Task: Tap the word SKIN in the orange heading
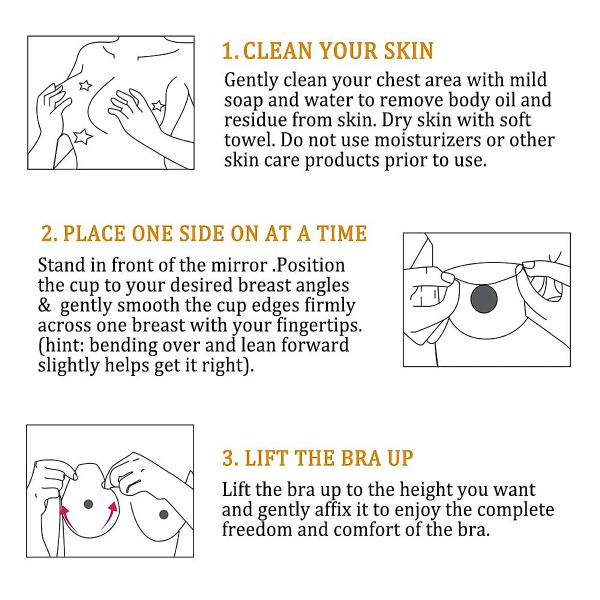pyautogui.click(x=408, y=51)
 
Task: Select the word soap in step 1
pyautogui.click(x=243, y=100)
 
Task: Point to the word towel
pyautogui.click(x=249, y=140)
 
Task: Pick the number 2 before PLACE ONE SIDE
pyautogui.click(x=47, y=234)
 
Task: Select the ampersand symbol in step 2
pyautogui.click(x=44, y=305)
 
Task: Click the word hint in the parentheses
pyautogui.click(x=64, y=345)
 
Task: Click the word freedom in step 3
pyautogui.click(x=256, y=529)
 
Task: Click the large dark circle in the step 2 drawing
pyautogui.click(x=484, y=299)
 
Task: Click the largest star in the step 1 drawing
pyautogui.click(x=83, y=136)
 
